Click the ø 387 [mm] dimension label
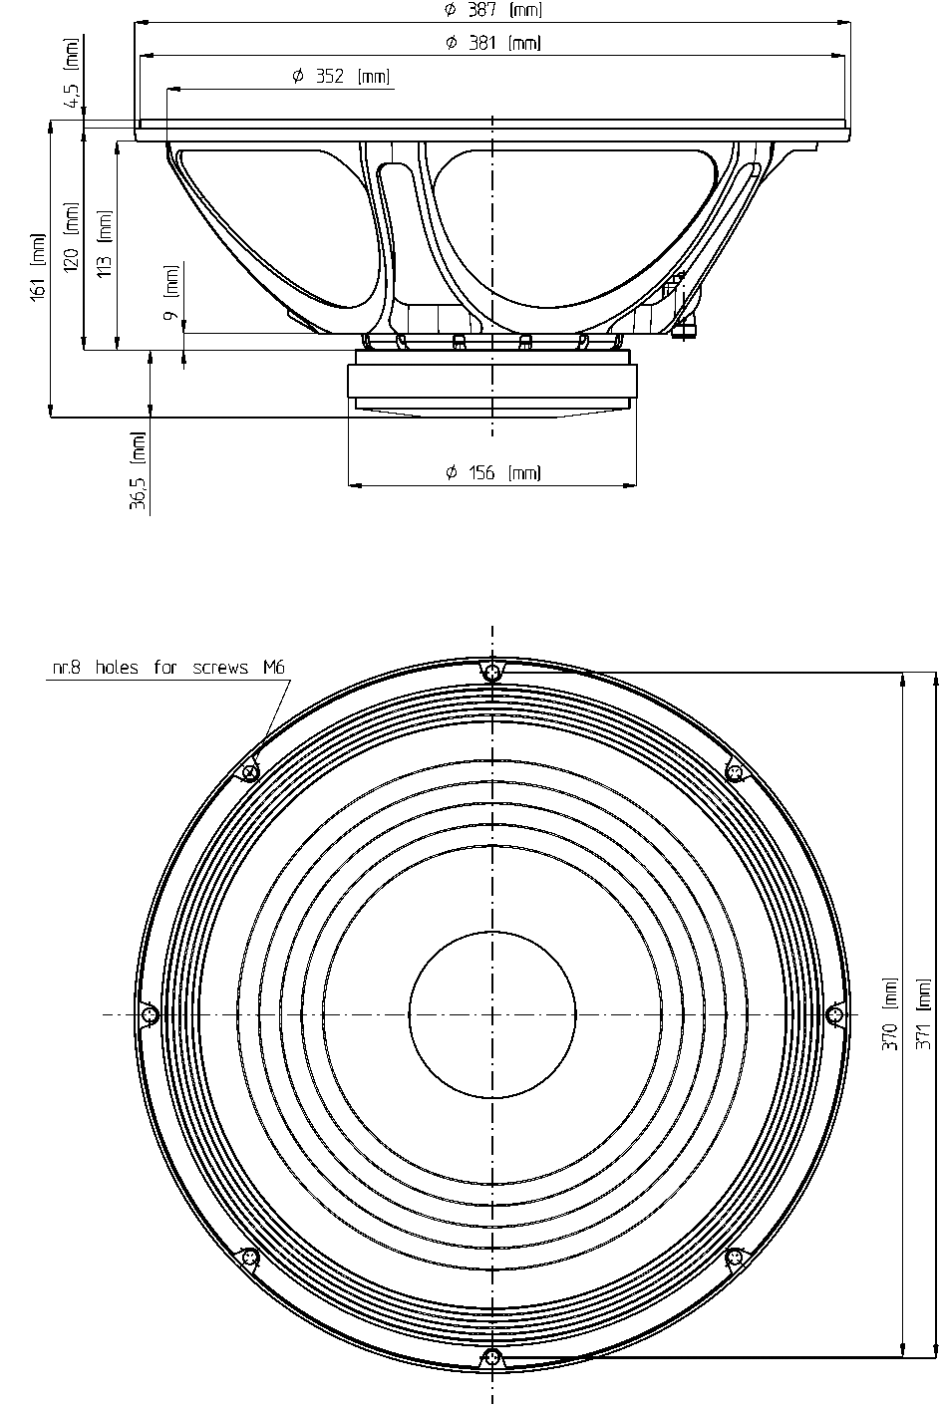pyautogui.click(x=492, y=9)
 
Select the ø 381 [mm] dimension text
pyautogui.click(x=492, y=43)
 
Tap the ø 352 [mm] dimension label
pyautogui.click(x=341, y=76)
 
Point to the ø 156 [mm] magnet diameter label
pyautogui.click(x=492, y=472)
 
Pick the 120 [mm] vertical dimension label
pyautogui.click(x=72, y=237)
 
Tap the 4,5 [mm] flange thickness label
pyautogui.click(x=73, y=72)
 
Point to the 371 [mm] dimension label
pyautogui.click(x=922, y=1013)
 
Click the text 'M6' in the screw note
pyautogui.click(x=274, y=667)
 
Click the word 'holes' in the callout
pyautogui.click(x=117, y=667)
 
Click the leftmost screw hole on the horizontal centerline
pyautogui.click(x=151, y=1014)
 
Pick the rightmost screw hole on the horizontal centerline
pyautogui.click(x=834, y=1014)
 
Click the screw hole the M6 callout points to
pyautogui.click(x=251, y=772)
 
